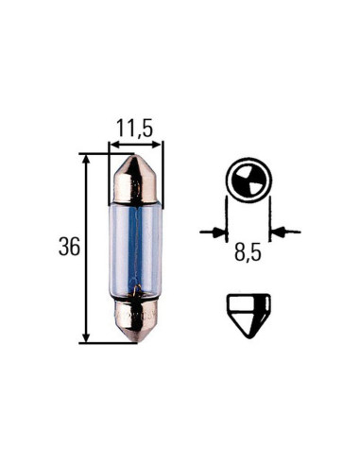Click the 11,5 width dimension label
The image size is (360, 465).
(136, 126)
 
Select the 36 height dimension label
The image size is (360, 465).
(69, 249)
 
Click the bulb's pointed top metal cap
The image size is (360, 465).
(136, 180)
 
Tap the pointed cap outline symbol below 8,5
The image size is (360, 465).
(249, 311)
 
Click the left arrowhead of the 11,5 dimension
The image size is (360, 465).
(113, 145)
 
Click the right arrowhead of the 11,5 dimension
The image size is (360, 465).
(159, 145)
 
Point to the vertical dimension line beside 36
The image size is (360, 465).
(88, 248)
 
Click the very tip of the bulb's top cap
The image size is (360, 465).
(136, 158)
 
